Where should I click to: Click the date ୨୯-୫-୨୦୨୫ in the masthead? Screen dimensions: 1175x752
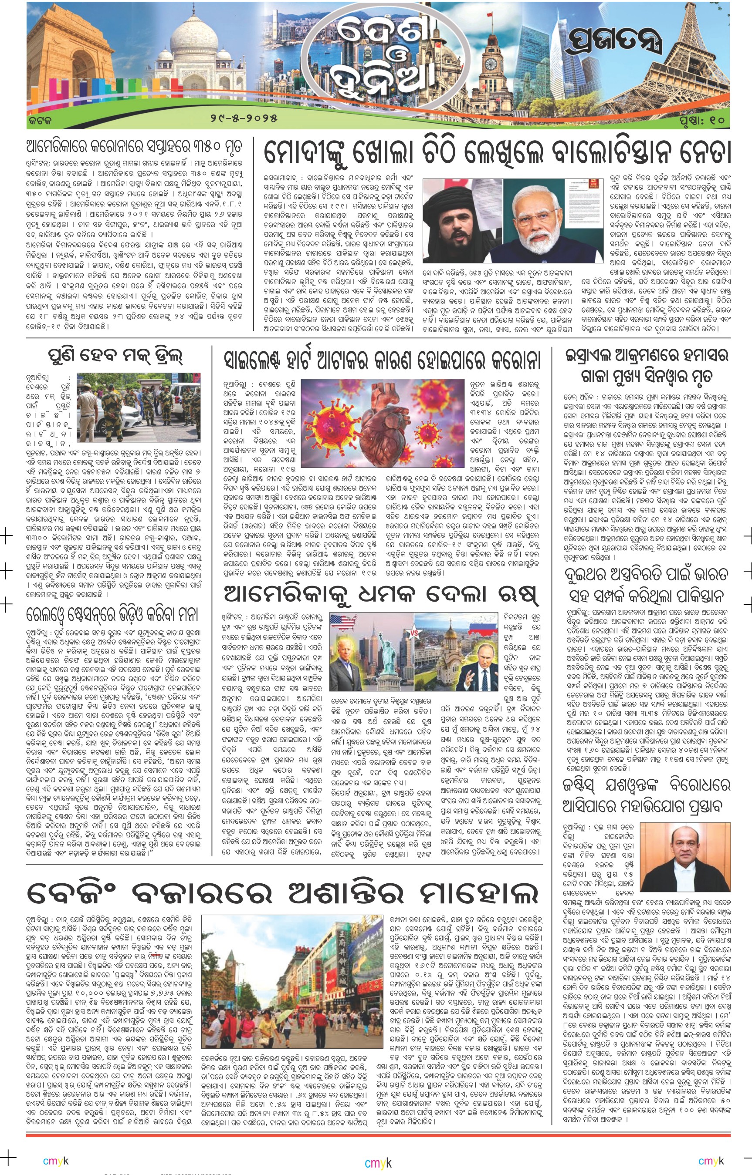[x=244, y=118]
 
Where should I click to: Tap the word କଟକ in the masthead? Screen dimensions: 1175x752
[x=40, y=118]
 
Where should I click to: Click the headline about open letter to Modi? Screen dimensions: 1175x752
[x=497, y=153]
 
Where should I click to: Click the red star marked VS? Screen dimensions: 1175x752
[x=414, y=633]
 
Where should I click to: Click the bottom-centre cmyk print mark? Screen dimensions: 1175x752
[x=378, y=1164]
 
